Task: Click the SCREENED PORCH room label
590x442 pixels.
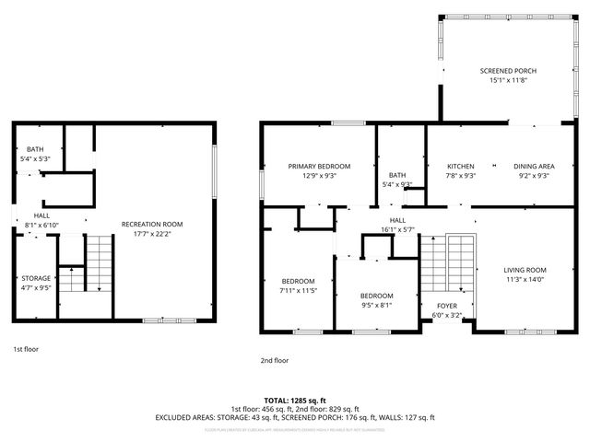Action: click(x=508, y=71)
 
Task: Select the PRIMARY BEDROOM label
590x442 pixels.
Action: click(x=318, y=167)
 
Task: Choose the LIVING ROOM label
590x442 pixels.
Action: click(x=525, y=270)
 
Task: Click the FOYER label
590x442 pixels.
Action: click(x=446, y=306)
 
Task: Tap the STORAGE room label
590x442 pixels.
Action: click(x=36, y=277)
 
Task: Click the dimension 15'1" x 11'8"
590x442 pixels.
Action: click(x=508, y=80)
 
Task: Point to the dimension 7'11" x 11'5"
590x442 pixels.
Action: click(x=298, y=291)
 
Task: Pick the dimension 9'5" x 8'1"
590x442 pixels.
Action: click(x=376, y=305)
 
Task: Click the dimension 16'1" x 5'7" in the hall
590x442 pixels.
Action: click(x=397, y=229)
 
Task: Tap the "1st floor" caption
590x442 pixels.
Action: click(x=26, y=349)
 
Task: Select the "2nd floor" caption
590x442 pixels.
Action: click(x=275, y=360)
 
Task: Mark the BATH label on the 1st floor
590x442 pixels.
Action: click(x=35, y=149)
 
